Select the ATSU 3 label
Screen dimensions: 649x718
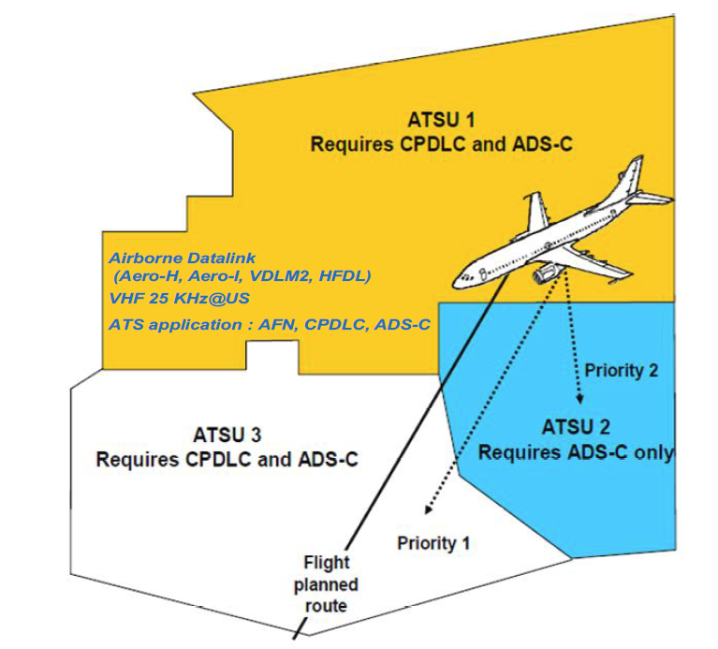[x=227, y=435]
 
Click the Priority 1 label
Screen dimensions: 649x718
[x=433, y=542]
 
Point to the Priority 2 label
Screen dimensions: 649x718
[x=621, y=370]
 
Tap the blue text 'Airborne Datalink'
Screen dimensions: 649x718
[x=183, y=258]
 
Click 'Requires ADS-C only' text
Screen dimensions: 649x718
[x=576, y=452]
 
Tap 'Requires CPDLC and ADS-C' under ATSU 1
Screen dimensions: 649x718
[x=441, y=145]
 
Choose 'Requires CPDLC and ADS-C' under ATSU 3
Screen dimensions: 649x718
[x=227, y=460]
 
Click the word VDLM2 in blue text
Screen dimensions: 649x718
[x=277, y=276]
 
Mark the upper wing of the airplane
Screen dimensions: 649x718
[x=536, y=214]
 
